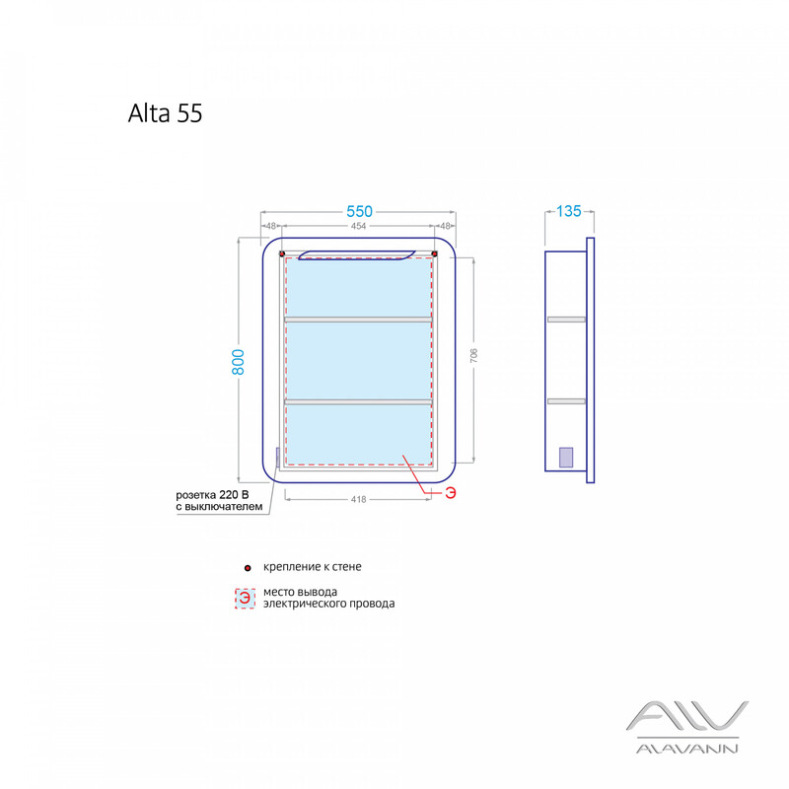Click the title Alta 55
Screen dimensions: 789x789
(x=165, y=113)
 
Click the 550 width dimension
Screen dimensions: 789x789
(x=359, y=211)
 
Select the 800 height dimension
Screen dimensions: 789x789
(x=238, y=362)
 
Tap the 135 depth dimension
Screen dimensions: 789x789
(x=569, y=211)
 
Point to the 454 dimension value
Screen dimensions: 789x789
(x=358, y=227)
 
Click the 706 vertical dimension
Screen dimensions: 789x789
(x=473, y=356)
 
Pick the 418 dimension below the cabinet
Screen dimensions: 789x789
(x=358, y=500)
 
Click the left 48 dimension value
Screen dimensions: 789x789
(x=270, y=227)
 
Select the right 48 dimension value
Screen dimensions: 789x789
(x=445, y=227)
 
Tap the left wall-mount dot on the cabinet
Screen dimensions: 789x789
(x=282, y=253)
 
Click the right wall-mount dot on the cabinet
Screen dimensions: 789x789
(x=435, y=253)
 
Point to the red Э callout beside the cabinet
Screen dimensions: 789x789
(x=451, y=493)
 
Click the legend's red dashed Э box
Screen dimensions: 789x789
(x=245, y=598)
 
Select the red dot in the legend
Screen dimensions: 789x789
(x=248, y=568)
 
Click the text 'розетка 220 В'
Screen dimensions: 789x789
(x=212, y=495)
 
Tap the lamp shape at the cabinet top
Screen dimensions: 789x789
(x=357, y=255)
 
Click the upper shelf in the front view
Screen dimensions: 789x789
(x=358, y=320)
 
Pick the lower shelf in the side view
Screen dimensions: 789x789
(x=566, y=401)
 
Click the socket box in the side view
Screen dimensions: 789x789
(x=566, y=458)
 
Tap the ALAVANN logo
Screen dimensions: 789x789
(x=687, y=727)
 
